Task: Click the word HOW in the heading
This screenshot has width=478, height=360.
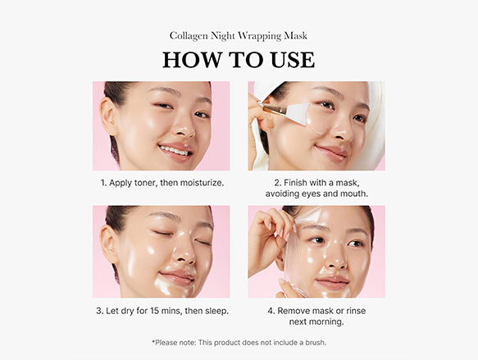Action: (x=193, y=60)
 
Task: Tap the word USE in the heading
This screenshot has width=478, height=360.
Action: (x=293, y=60)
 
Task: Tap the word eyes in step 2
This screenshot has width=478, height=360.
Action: (x=312, y=194)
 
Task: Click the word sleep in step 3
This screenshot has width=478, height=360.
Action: (x=216, y=312)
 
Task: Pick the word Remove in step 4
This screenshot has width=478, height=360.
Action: (x=294, y=311)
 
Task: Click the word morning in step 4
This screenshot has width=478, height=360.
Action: (x=326, y=322)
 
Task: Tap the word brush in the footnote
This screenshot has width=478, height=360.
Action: (x=315, y=343)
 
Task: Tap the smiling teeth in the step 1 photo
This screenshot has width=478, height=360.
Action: (x=175, y=150)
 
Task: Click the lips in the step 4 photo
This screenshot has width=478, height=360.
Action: (x=332, y=282)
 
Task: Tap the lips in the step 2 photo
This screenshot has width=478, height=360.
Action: (x=331, y=153)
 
